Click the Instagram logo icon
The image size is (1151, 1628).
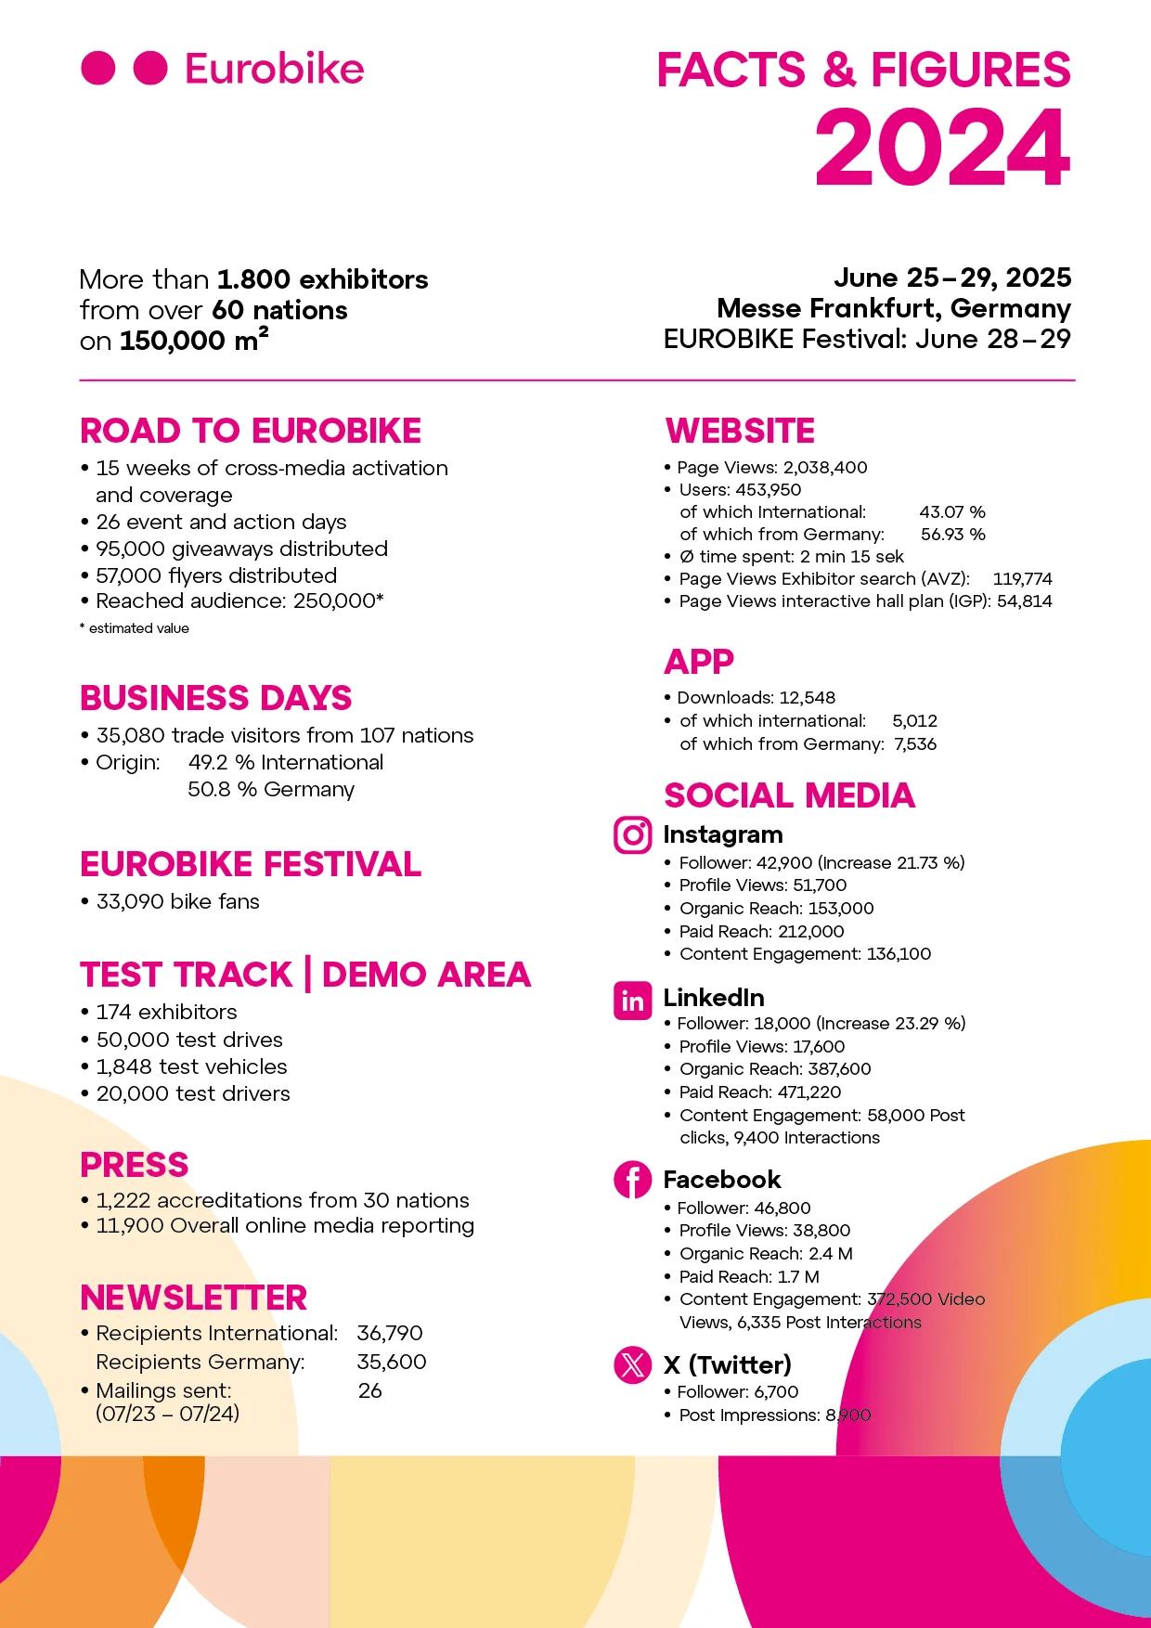(632, 835)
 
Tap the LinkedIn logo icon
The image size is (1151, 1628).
(632, 1001)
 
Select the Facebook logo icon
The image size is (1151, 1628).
(632, 1180)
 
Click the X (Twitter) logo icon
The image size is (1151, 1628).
(632, 1365)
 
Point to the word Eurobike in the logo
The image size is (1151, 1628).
(274, 69)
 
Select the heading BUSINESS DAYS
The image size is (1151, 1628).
(215, 698)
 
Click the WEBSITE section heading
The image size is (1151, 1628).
(740, 431)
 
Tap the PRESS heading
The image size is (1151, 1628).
(135, 1165)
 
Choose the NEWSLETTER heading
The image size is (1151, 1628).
(193, 1298)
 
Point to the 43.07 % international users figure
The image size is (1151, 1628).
(952, 512)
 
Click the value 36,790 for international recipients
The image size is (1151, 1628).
(390, 1334)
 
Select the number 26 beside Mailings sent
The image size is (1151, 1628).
(369, 1390)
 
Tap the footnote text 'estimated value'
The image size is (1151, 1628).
(138, 628)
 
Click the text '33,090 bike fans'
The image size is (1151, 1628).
(177, 901)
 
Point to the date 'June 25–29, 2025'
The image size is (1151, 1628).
(952, 278)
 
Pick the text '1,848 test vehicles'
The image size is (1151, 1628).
(191, 1066)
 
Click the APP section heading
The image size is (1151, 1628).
(699, 662)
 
